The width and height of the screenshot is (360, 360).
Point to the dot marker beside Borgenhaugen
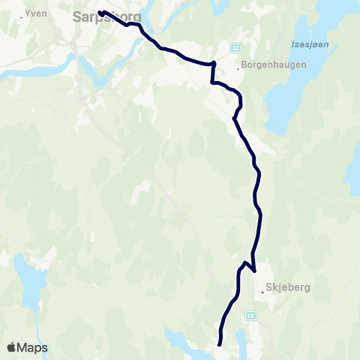239,67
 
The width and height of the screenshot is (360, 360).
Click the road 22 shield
235,48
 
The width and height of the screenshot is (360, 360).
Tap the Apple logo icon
13,347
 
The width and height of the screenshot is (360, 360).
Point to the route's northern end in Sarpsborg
100,12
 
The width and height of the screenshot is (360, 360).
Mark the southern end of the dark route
219,343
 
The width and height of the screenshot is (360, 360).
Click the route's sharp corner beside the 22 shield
215,64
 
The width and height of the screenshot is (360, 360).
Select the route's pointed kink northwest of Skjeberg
246,263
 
